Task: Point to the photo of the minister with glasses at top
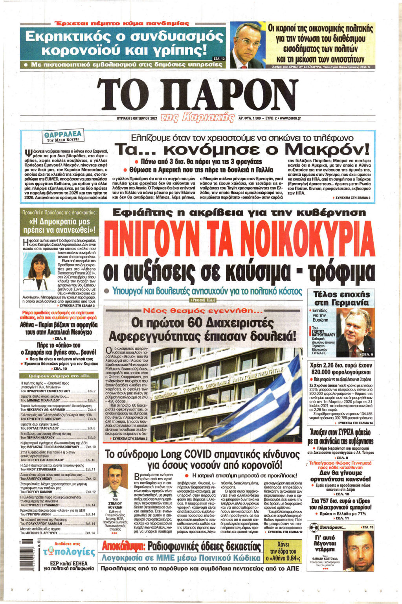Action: click(x=246, y=44)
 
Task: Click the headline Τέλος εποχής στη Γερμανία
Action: click(x=341, y=298)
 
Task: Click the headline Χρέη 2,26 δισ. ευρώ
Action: click(x=341, y=368)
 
